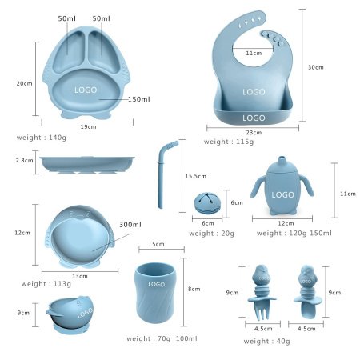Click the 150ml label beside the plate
(139, 99)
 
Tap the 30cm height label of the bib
(316, 67)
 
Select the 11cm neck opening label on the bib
(254, 53)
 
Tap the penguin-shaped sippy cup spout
(281, 161)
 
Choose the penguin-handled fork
(262, 292)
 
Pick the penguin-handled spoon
(307, 292)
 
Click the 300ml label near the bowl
(130, 225)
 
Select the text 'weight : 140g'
(42, 138)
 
